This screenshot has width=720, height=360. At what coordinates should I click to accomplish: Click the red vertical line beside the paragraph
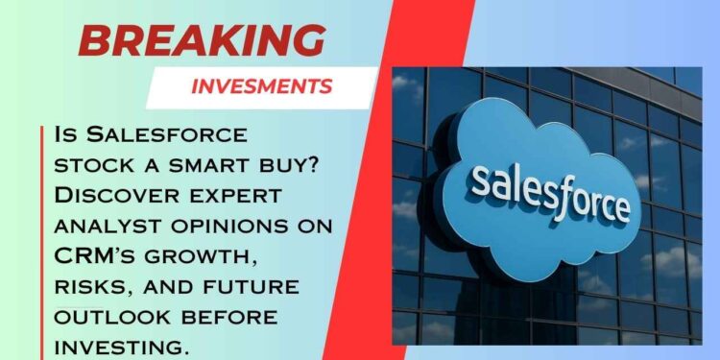point(43,240)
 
